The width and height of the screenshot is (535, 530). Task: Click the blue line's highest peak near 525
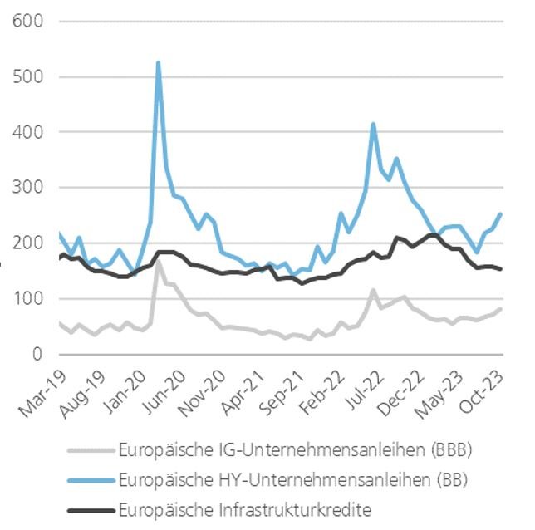[x=158, y=63]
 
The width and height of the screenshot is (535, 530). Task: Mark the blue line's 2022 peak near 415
[x=374, y=125]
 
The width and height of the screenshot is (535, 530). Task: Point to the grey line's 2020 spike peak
[x=158, y=265]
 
